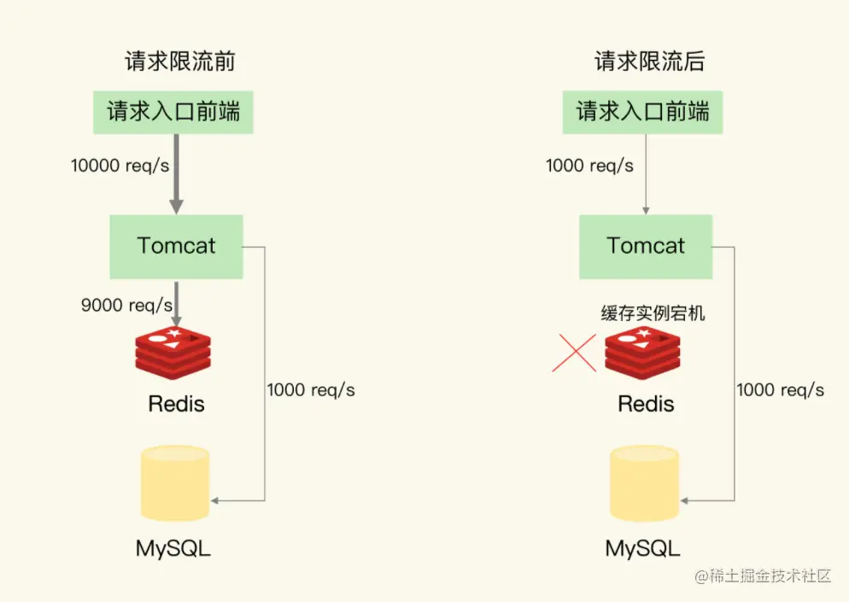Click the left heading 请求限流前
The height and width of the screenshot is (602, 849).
(x=179, y=61)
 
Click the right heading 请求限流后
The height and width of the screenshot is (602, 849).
(x=649, y=61)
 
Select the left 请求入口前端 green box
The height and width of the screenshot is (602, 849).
(x=174, y=111)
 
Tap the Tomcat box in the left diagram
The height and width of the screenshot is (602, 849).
(x=176, y=246)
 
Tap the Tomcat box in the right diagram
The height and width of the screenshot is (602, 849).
(x=646, y=246)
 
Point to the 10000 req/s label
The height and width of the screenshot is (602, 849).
(x=120, y=165)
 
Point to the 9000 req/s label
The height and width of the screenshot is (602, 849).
(x=126, y=304)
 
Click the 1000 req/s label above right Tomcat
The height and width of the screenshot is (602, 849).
(x=589, y=165)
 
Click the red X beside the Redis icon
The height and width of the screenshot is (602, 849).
(x=574, y=353)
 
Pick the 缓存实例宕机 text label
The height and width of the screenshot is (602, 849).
(x=653, y=313)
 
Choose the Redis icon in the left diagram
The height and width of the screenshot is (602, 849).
(x=173, y=351)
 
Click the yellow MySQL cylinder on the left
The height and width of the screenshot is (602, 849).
(x=174, y=482)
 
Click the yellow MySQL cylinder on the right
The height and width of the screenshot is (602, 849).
(x=644, y=482)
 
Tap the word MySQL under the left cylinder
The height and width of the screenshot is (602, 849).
(x=173, y=547)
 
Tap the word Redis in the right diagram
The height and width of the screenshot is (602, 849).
(x=646, y=403)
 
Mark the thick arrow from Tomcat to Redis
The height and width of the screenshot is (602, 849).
(x=176, y=300)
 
